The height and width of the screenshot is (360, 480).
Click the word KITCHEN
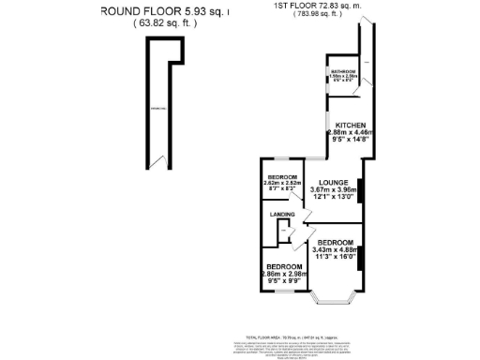point(351,125)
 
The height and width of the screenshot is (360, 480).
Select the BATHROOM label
point(342,71)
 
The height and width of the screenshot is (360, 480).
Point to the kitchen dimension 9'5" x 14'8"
point(351,141)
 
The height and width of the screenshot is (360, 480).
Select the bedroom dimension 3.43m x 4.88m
point(334,249)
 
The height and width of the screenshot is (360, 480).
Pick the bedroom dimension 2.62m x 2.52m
point(282,183)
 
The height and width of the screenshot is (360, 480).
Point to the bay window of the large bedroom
point(334,300)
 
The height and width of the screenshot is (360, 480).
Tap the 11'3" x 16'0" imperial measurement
point(334,258)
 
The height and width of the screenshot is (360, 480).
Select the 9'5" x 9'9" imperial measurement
point(283,280)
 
